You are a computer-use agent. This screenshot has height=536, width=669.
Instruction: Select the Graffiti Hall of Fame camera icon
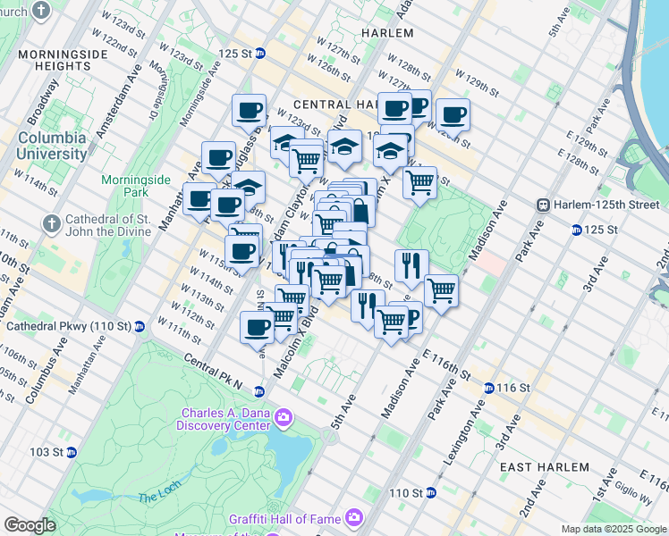tap(355, 517)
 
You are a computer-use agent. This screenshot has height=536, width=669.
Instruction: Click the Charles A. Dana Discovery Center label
tap(225, 419)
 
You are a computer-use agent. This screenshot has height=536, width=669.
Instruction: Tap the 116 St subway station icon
tap(489, 389)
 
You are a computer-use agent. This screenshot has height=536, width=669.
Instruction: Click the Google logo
tap(30, 525)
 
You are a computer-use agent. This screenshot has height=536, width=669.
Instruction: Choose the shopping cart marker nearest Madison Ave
tap(441, 290)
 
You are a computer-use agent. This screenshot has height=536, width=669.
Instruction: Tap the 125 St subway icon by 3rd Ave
tap(575, 230)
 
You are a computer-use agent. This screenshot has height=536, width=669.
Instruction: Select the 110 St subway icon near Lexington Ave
tap(430, 492)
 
